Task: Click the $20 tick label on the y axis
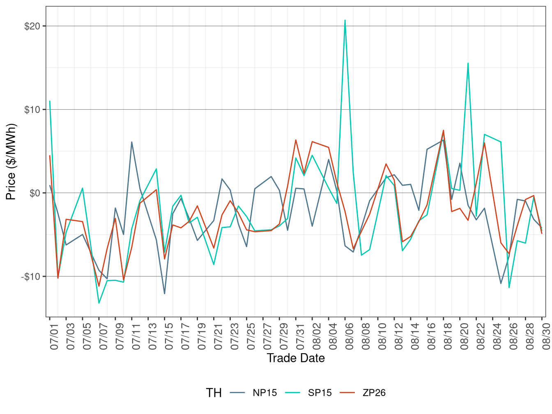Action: coord(32,26)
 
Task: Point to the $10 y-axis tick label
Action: coord(32,110)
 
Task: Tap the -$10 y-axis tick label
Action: coord(31,276)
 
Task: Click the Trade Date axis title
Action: coord(296,358)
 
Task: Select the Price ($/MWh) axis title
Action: coord(11,161)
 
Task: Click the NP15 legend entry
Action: coord(264,393)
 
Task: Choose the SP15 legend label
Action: coord(320,393)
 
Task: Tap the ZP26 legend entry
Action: coord(374,393)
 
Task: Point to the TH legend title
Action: coord(214,393)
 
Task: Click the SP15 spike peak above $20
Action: coord(345,20)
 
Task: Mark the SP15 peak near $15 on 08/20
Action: coord(468,63)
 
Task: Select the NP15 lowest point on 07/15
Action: coord(165,294)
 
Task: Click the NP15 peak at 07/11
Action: coord(131,142)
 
